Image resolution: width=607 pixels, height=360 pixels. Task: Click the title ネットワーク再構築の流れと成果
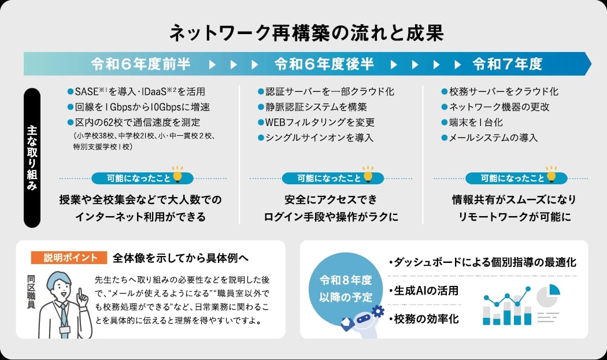click(306, 32)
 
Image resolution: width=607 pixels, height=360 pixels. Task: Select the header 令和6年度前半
click(140, 64)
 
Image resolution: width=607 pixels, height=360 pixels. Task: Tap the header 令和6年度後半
click(324, 64)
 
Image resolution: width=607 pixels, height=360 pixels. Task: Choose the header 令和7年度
click(508, 64)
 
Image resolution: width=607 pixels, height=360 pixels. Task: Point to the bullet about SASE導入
click(136, 92)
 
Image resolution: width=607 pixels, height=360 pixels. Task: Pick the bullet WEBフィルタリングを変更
click(320, 123)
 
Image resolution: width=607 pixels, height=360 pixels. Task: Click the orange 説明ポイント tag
click(72, 257)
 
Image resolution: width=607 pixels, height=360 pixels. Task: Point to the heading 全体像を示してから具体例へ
click(180, 257)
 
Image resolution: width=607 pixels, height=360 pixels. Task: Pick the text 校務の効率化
click(424, 318)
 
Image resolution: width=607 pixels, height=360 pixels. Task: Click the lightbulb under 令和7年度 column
click(552, 174)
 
